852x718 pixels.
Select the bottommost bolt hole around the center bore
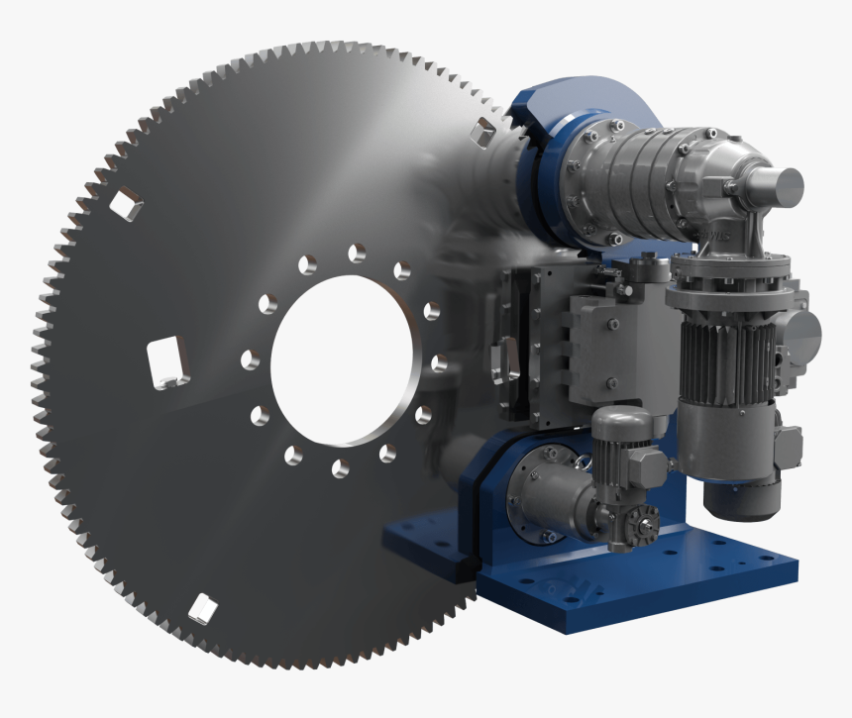click(340, 467)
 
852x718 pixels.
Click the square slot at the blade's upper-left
click(126, 205)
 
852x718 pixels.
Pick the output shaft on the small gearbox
click(645, 522)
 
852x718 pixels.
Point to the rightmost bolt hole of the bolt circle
click(440, 362)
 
